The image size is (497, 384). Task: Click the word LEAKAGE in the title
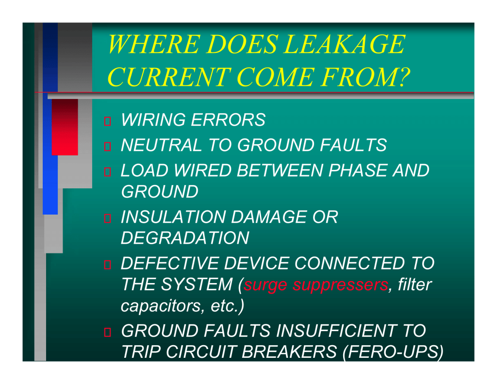[344, 44]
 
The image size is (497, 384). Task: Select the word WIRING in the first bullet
[153, 120]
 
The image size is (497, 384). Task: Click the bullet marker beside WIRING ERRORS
[107, 121]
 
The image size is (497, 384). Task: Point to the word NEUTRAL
[161, 145]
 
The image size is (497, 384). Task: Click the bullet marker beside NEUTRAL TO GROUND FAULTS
[107, 146]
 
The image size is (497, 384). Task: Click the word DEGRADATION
[185, 238]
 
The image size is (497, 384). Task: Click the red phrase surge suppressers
[316, 285]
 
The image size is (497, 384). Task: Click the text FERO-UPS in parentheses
[393, 351]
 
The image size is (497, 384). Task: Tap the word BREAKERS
[289, 351]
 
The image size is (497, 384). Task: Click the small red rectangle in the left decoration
[65, 127]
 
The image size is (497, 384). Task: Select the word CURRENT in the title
[169, 77]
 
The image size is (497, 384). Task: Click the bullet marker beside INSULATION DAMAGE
[107, 218]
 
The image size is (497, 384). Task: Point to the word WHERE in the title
[154, 44]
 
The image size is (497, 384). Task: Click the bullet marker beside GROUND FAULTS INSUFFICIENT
[107, 332]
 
